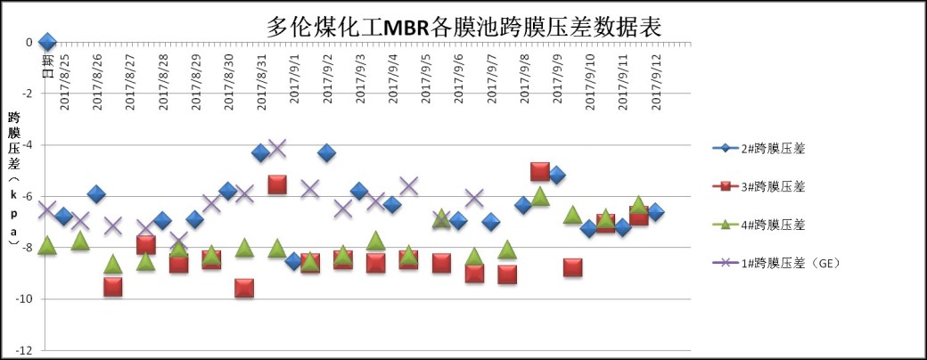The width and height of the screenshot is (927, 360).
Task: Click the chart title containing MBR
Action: (464, 26)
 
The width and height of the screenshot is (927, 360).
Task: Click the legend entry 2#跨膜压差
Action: (765, 148)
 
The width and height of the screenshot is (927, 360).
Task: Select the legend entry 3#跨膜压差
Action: (765, 186)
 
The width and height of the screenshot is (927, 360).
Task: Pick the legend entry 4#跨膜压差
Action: (765, 225)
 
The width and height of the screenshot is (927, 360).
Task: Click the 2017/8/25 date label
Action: (64, 84)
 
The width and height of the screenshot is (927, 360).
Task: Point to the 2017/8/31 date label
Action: (261, 84)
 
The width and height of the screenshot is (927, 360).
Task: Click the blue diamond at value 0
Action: (47, 42)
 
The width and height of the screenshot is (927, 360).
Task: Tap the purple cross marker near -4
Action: (276, 148)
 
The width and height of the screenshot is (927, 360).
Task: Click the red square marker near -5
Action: (539, 172)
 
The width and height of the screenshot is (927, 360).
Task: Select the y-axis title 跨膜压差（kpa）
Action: (14, 186)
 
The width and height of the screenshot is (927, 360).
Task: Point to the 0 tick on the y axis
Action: (29, 42)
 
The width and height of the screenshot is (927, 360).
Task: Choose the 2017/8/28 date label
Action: (163, 84)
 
